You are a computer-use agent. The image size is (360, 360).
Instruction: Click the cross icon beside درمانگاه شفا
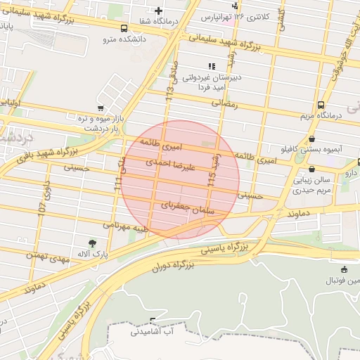click(x=159, y=11)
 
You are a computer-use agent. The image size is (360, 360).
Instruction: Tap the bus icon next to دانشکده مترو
click(x=124, y=29)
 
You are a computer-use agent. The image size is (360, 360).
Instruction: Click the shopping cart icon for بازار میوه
click(x=101, y=108)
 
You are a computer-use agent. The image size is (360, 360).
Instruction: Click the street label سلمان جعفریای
click(x=187, y=208)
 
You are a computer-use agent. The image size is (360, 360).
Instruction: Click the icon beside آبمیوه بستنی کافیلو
click(x=311, y=139)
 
